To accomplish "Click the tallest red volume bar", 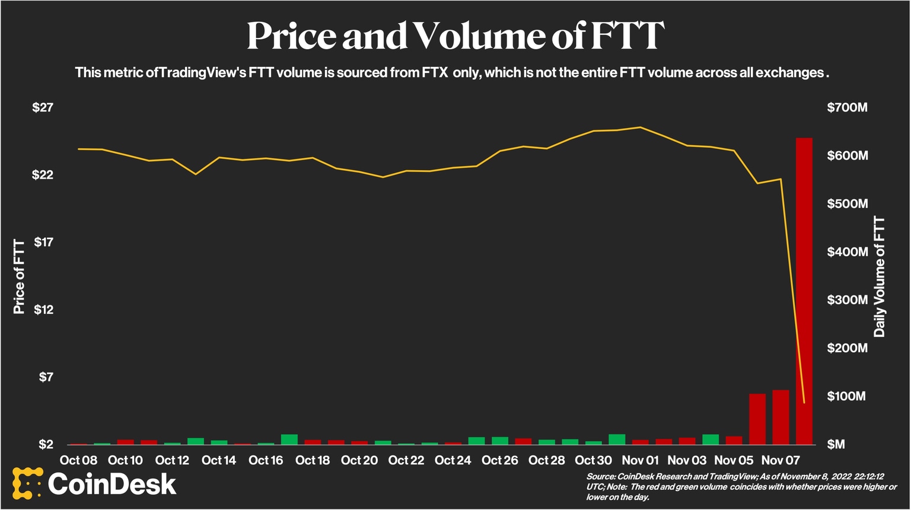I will pos(804,291).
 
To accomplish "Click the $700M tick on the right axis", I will pos(847,107).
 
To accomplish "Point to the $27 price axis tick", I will pos(43,107).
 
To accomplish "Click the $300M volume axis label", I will pos(847,299).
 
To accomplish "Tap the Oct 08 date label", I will pos(78,460).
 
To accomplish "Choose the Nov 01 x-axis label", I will pos(640,460).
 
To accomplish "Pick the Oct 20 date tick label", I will pos(359,460).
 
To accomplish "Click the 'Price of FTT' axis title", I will pos(19,276).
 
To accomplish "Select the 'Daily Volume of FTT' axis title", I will pos(879,276).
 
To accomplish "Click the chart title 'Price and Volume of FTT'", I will pos(455,36).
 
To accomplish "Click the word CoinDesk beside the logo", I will pos(112,484).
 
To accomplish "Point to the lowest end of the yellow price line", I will pos(804,403).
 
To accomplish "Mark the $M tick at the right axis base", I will pos(836,444).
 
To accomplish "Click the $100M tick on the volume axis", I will pos(847,396).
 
